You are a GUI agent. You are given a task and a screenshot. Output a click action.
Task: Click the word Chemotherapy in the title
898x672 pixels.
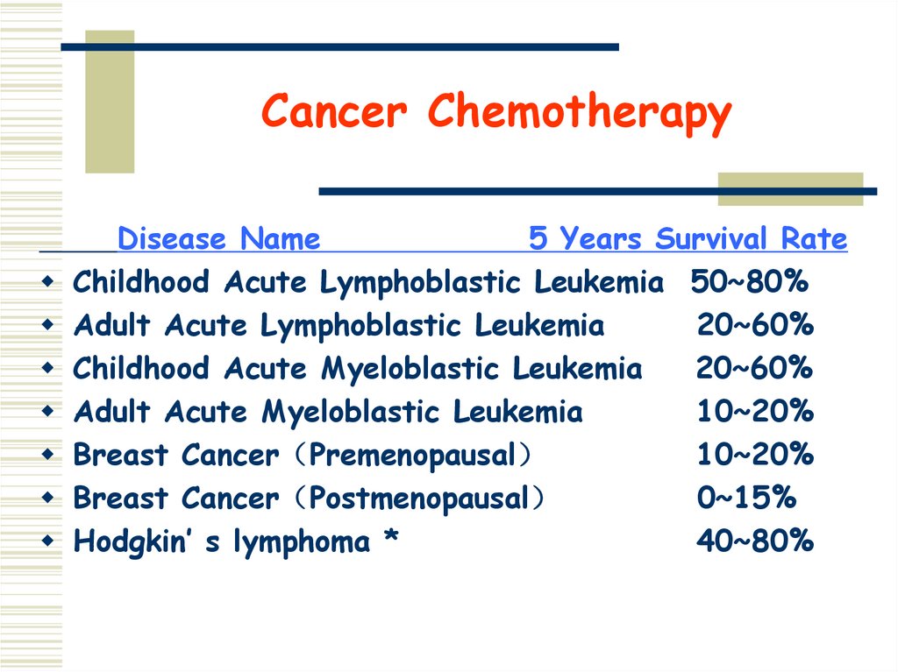tap(579, 114)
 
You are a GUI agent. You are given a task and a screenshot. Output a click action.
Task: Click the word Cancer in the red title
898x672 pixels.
tap(334, 112)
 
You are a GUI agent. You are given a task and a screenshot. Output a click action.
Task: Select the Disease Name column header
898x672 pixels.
tap(218, 238)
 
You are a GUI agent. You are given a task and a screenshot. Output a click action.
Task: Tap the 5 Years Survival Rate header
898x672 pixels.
tap(688, 238)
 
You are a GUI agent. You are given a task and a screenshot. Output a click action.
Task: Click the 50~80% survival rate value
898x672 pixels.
tap(749, 282)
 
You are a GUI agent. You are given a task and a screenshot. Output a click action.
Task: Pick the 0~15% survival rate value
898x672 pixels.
tap(746, 499)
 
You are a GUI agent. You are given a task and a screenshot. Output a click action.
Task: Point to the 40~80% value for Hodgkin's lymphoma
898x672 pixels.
tap(755, 541)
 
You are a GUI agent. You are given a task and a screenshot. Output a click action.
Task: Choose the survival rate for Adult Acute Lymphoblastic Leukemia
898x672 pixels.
tap(755, 326)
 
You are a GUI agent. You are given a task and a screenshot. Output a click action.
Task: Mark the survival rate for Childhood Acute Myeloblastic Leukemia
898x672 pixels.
tap(754, 369)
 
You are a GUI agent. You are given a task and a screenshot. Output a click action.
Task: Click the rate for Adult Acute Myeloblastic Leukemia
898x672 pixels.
tap(755, 412)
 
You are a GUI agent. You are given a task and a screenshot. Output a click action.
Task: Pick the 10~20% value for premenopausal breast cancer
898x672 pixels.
tap(755, 456)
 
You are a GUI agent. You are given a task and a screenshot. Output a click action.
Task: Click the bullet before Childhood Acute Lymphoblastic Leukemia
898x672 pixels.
tap(48, 282)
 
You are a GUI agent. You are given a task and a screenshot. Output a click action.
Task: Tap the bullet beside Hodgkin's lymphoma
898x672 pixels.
tap(48, 541)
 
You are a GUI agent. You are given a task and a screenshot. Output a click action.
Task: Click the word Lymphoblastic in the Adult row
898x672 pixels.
tap(362, 326)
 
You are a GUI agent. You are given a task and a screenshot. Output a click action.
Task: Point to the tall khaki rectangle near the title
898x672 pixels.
tap(110, 101)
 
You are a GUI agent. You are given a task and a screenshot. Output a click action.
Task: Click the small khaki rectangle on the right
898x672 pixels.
tap(790, 188)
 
